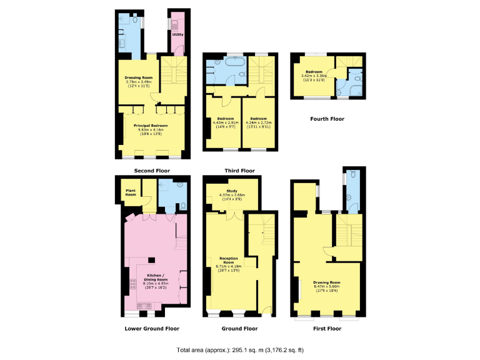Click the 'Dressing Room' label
[x=138, y=77]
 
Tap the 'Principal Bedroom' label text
[x=149, y=125]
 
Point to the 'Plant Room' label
[x=131, y=191]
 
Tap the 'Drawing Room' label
[x=326, y=282]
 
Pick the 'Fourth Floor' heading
[x=327, y=118]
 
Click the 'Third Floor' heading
[x=239, y=170]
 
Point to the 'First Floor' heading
[x=327, y=328]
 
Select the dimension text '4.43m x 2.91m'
[x=224, y=122]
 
